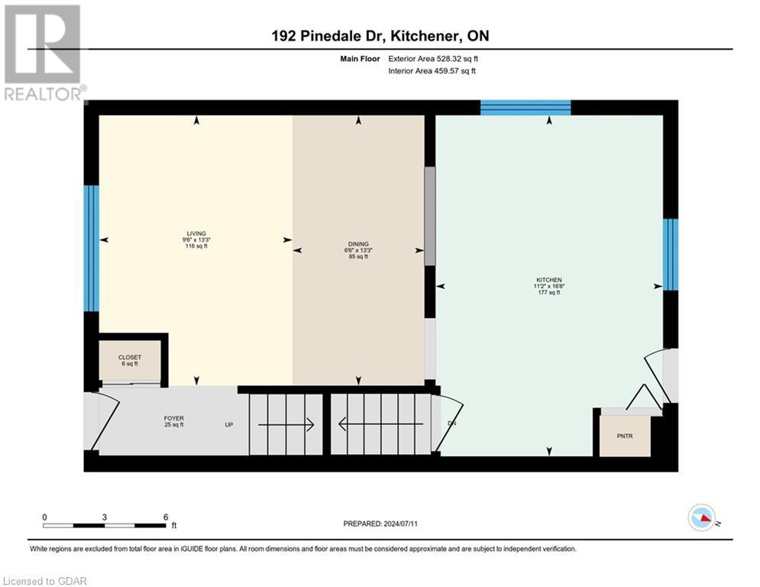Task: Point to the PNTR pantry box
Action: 625,436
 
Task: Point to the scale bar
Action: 105,525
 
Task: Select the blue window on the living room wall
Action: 91,248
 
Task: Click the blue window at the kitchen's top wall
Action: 526,108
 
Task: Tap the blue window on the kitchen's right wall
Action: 670,255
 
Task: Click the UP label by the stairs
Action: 228,425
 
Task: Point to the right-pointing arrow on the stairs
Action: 286,424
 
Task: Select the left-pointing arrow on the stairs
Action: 380,424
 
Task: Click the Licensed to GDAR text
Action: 47,581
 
